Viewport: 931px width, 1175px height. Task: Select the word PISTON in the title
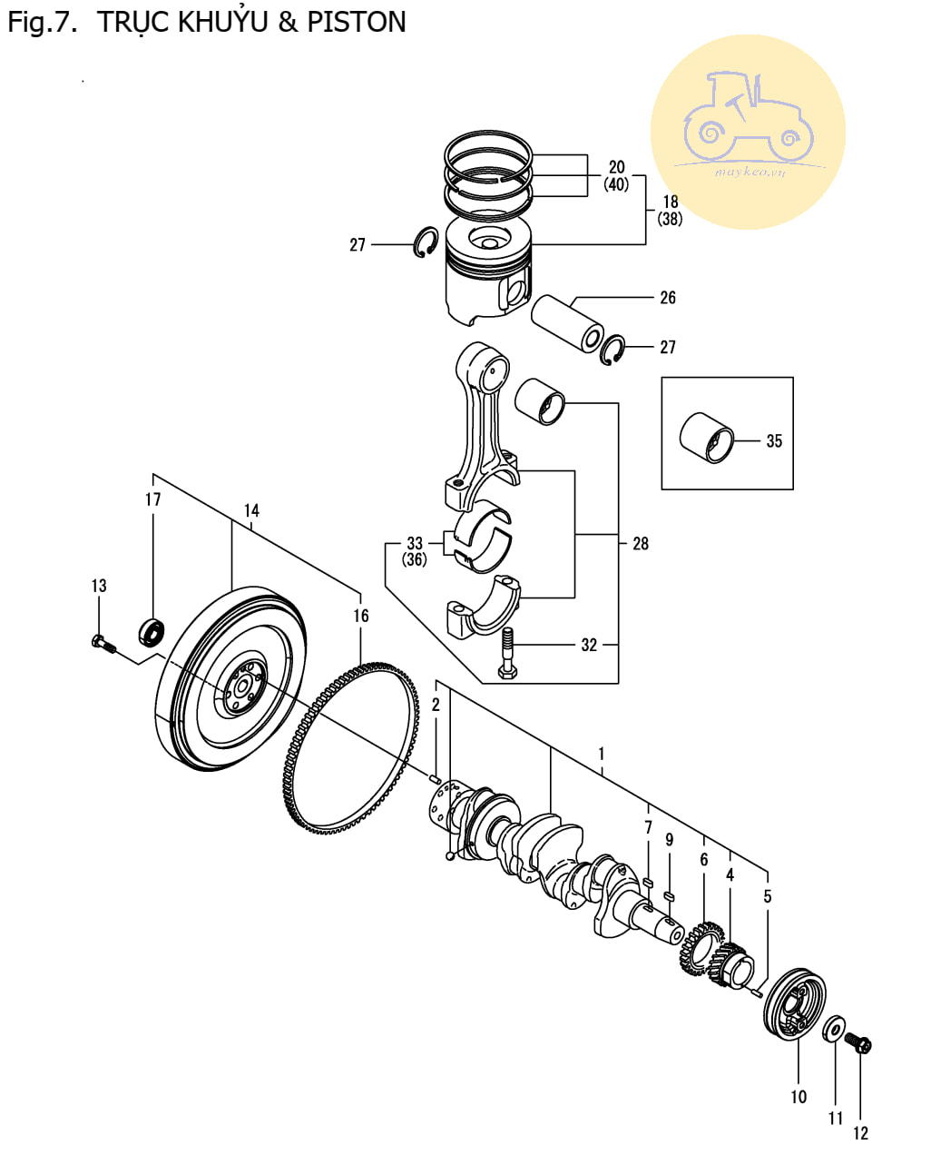click(x=356, y=22)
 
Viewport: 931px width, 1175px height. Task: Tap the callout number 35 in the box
click(x=773, y=441)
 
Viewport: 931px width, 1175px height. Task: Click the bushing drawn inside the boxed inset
click(x=707, y=438)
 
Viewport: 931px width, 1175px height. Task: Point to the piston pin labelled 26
click(x=567, y=322)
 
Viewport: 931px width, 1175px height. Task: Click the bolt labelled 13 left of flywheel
click(x=103, y=644)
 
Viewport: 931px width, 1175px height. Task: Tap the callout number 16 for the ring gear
click(x=361, y=616)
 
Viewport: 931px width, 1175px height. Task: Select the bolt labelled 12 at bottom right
click(x=858, y=1044)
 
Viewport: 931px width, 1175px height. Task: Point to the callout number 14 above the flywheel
click(x=251, y=510)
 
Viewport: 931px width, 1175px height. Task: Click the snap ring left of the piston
click(x=426, y=242)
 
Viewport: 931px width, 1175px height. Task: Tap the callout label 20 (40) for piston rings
click(x=616, y=175)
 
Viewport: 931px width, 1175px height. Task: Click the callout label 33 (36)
click(x=415, y=551)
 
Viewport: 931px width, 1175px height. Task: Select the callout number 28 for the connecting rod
click(x=641, y=543)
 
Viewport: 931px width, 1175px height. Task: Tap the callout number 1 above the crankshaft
click(x=601, y=754)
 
